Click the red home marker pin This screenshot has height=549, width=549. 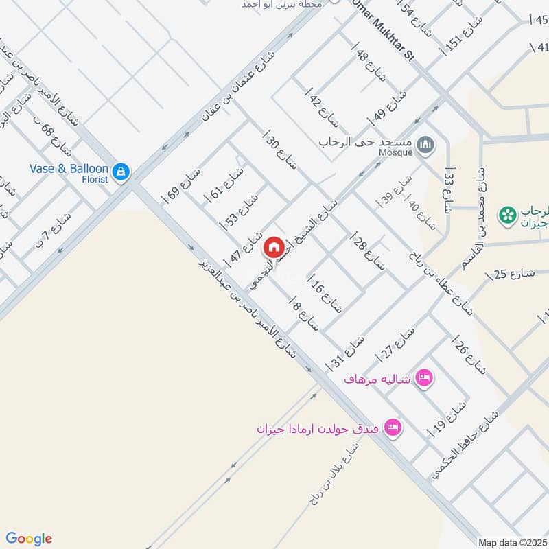tap(273, 246)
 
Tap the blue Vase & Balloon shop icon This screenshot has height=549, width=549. tap(121, 171)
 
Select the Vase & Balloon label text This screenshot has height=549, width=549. tap(69, 169)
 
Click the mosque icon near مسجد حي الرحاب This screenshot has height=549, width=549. tap(426, 144)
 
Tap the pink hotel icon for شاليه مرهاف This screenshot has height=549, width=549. tap(425, 377)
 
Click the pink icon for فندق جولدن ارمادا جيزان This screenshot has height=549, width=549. tap(393, 427)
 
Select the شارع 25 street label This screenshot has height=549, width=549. tap(510, 274)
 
